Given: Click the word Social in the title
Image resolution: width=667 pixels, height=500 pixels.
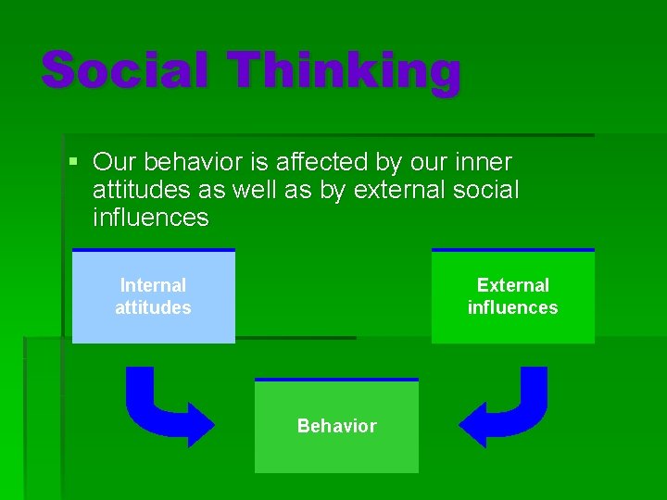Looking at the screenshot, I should tap(125, 70).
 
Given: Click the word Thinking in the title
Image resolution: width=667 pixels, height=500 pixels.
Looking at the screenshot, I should tap(345, 72).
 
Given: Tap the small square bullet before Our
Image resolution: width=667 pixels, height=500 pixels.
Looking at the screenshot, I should tap(75, 162).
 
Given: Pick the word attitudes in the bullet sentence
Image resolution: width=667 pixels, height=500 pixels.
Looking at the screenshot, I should tap(139, 191).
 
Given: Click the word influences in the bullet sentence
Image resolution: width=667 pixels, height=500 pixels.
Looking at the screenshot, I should tap(151, 219).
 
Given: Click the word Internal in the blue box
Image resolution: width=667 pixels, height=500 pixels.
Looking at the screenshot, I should tap(153, 285).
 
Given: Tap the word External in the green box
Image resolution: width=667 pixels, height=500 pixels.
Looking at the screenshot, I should tap(512, 285).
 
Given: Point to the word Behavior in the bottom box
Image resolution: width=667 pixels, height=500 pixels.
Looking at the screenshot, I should tap(336, 426).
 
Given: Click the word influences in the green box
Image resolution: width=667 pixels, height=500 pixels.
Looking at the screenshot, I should tap(512, 307).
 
